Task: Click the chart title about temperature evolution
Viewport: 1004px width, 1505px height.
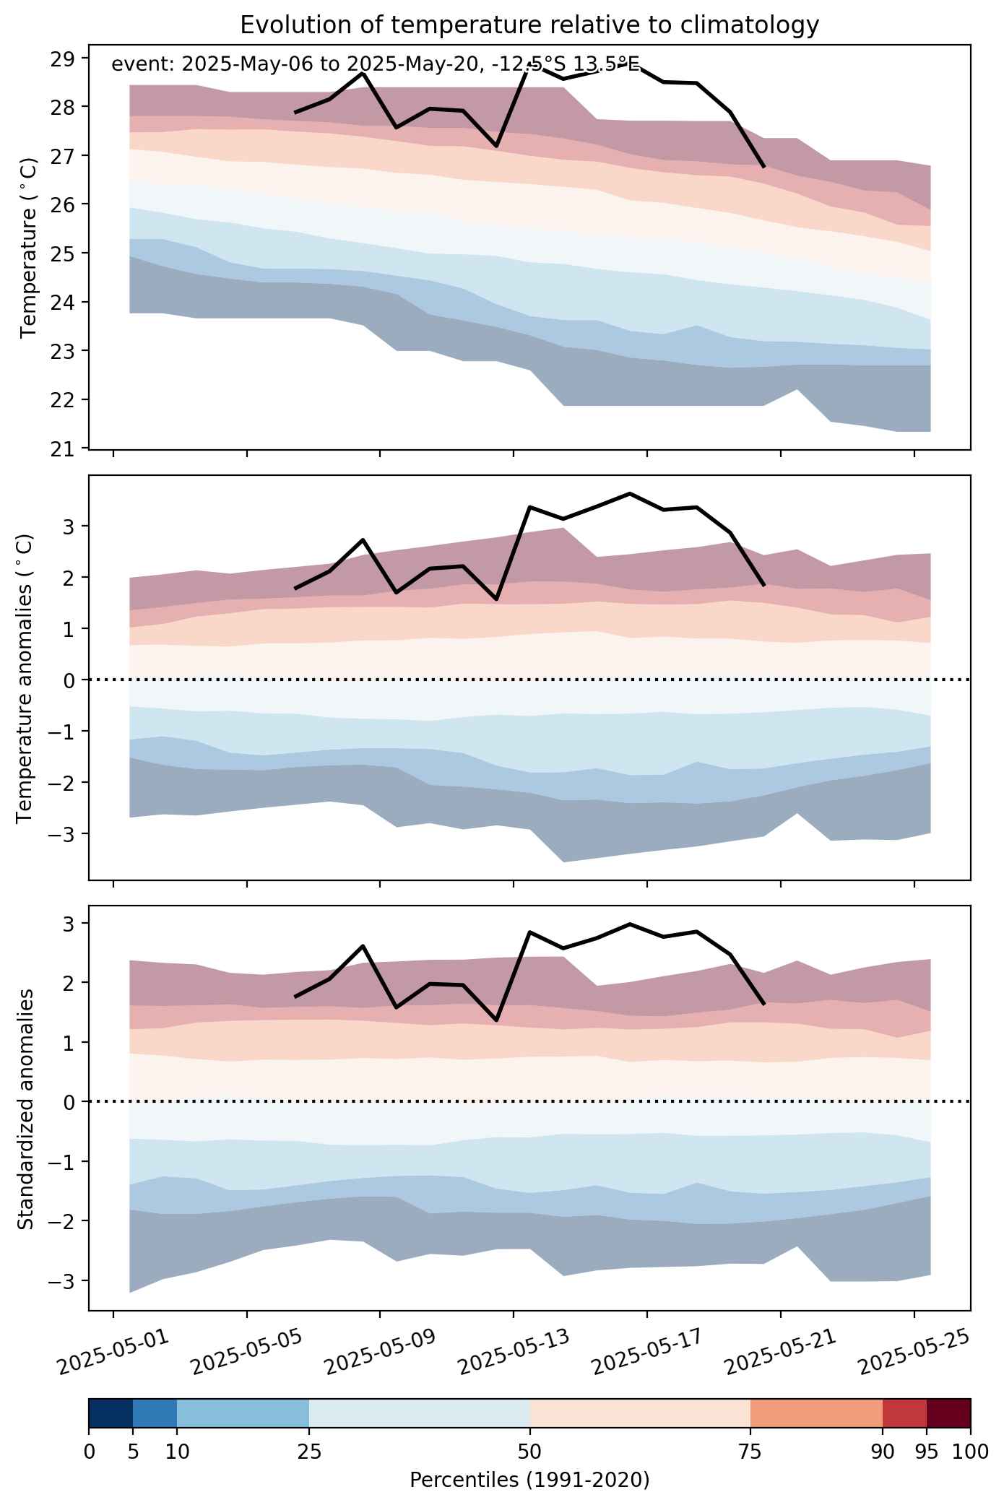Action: (529, 25)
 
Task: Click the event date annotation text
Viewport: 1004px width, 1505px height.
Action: (376, 64)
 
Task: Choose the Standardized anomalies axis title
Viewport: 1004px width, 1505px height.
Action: (25, 1109)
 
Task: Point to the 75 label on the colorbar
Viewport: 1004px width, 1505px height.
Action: (750, 1451)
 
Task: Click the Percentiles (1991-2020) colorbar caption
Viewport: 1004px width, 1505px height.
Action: (529, 1480)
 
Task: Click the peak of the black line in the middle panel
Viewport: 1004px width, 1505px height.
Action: (630, 493)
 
